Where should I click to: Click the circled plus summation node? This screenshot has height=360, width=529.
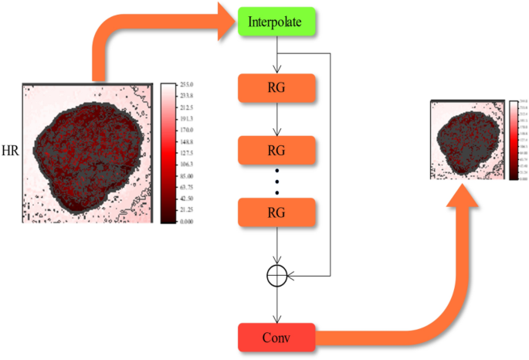tap(276, 274)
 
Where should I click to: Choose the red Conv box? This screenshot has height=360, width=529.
tap(276, 337)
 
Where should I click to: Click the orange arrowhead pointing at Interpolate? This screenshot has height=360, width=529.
tap(226, 23)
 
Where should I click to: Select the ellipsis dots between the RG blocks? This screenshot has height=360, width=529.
tap(276, 179)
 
